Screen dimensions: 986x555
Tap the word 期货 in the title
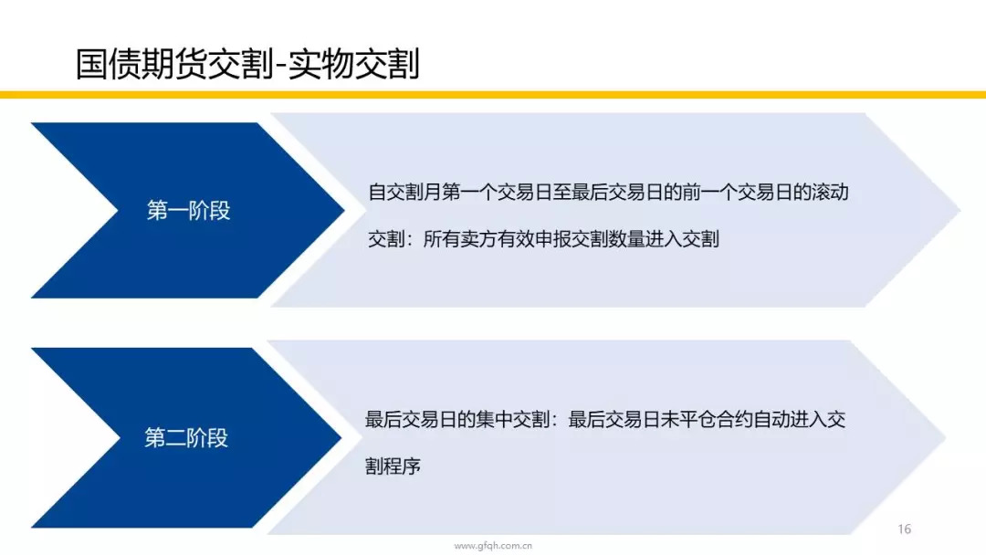(x=175, y=64)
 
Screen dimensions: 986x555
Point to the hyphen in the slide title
(x=281, y=67)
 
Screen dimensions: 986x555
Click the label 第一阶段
(x=189, y=211)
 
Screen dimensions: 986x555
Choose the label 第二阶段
(x=186, y=437)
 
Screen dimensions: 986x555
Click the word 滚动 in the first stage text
(x=830, y=192)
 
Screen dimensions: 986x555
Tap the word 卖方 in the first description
(x=478, y=239)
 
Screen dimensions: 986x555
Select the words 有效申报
(x=534, y=239)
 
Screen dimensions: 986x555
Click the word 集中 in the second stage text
(x=494, y=419)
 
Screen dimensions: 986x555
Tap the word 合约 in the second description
(x=734, y=419)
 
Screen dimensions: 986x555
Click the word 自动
(x=771, y=419)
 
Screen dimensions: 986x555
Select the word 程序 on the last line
(x=402, y=466)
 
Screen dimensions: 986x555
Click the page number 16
(x=904, y=529)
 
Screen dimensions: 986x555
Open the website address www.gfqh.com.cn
(x=493, y=546)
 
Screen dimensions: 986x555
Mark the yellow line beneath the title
(x=493, y=95)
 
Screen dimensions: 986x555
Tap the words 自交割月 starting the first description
(x=405, y=192)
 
